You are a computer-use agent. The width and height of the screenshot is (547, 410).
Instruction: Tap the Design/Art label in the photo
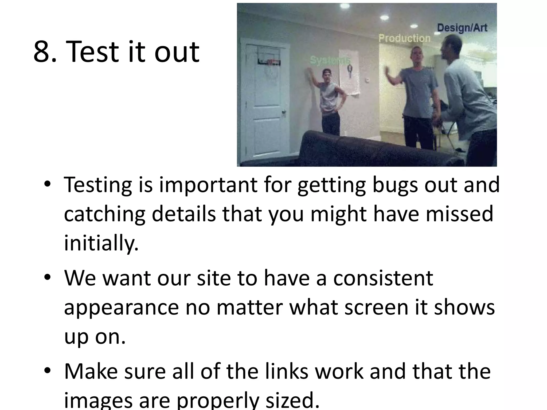click(x=462, y=28)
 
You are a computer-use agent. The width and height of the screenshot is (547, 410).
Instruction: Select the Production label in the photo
click(x=404, y=38)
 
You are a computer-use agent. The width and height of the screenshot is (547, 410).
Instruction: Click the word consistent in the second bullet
click(x=383, y=278)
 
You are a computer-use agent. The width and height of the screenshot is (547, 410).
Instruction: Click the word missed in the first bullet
click(x=459, y=214)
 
